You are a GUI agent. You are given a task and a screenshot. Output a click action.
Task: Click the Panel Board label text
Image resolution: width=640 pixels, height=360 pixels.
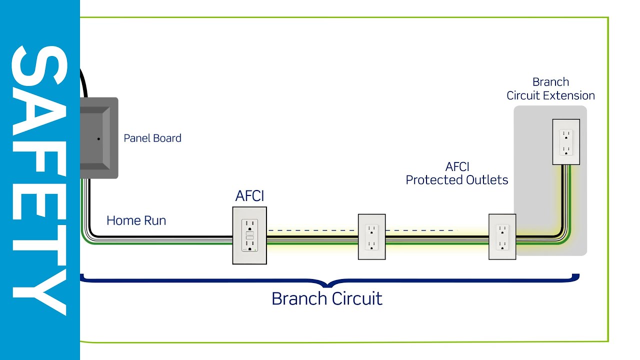pos(152,138)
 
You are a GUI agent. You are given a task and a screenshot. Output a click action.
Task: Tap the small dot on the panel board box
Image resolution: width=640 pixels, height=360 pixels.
pos(99,138)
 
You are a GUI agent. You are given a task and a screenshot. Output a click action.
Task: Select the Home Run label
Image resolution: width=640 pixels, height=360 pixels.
pos(136,220)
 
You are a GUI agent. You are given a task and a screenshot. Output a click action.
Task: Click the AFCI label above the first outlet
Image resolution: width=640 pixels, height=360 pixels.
pos(249,196)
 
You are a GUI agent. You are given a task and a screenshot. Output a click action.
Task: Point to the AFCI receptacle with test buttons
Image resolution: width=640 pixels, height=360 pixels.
pos(249,235)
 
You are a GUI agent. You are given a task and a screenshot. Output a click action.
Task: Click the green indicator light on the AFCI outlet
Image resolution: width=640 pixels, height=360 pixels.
pos(255,248)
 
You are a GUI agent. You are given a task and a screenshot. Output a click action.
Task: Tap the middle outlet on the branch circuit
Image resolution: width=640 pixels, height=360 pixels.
pos(371,236)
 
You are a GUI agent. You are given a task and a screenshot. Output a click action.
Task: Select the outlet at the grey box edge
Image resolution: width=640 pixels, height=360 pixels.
pos(502,236)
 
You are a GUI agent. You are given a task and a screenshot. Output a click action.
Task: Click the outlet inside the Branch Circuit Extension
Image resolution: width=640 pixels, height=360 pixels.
pos(566,142)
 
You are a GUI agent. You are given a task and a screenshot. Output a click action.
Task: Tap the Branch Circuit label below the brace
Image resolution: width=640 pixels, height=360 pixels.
pos(326,298)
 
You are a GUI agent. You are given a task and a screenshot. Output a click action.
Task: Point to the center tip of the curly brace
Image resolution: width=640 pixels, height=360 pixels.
pos(327,286)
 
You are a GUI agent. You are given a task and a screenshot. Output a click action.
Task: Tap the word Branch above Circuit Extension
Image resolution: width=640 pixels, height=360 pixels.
pos(550,82)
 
